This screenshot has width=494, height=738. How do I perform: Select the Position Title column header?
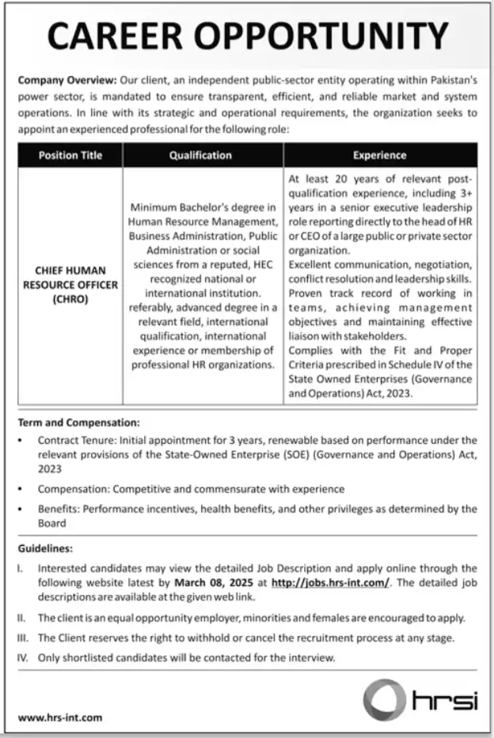click(x=70, y=156)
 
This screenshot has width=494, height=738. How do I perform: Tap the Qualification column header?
click(x=200, y=156)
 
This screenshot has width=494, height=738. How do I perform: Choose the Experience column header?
click(x=379, y=156)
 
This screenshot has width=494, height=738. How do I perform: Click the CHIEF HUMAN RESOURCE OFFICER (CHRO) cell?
click(x=71, y=285)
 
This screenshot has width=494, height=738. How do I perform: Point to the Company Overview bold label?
click(x=66, y=81)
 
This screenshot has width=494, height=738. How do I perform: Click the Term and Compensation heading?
click(x=78, y=423)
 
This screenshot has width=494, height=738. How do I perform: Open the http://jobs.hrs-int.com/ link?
click(x=330, y=582)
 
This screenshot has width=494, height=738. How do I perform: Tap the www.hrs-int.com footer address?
click(x=59, y=717)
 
